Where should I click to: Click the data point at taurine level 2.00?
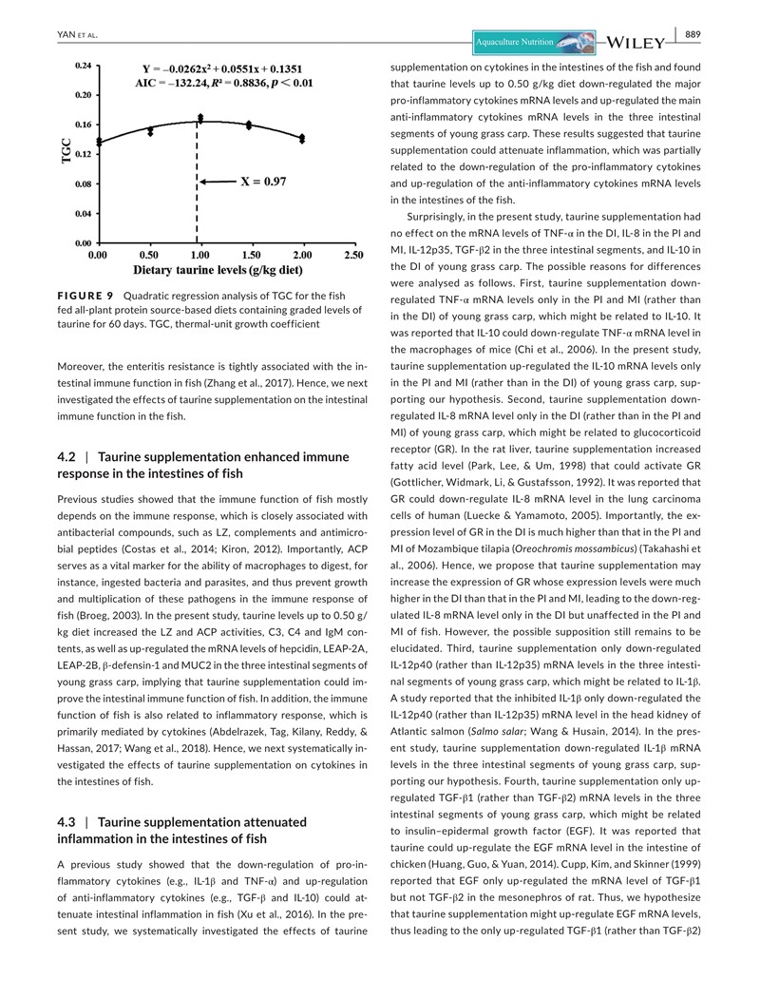click(x=302, y=138)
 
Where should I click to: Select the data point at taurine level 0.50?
click(x=149, y=130)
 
